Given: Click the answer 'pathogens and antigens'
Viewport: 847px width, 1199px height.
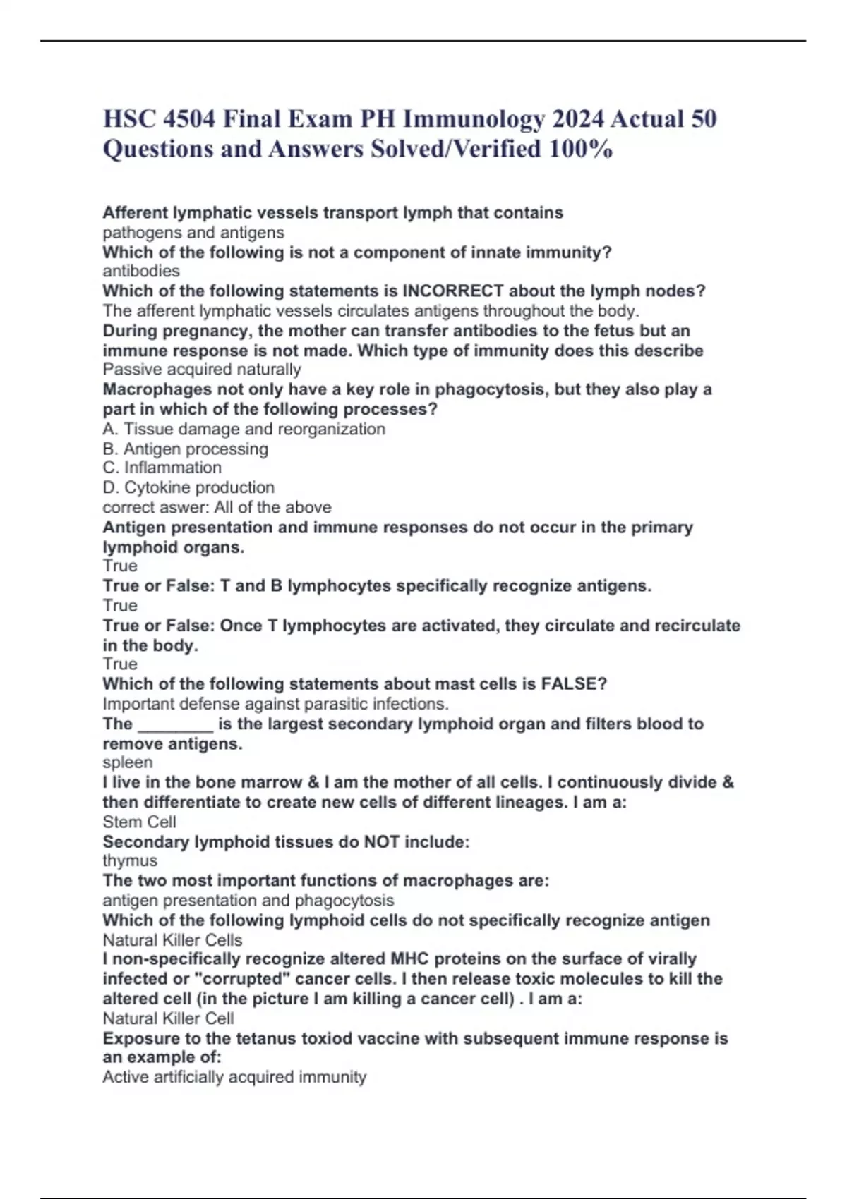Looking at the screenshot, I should point(193,233).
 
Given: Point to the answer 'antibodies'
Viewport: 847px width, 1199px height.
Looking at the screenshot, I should point(141,272).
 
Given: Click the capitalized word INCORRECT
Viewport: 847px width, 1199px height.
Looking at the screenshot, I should point(452,291).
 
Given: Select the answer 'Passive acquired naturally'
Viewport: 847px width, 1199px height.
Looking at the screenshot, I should point(202,370).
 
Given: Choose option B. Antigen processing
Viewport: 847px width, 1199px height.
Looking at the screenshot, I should point(186,449).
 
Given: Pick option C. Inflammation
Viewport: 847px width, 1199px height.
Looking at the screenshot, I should point(162,468).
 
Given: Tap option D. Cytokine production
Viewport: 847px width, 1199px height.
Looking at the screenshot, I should point(188,487).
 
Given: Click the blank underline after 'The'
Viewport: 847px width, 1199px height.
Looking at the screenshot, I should point(175,725).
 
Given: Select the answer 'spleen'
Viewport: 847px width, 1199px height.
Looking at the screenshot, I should point(128,762).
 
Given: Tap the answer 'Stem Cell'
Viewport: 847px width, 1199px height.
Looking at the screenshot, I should point(140,822).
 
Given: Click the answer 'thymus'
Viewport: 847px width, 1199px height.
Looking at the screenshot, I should point(130,860).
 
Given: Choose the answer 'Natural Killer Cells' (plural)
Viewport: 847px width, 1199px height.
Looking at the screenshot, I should point(172,940).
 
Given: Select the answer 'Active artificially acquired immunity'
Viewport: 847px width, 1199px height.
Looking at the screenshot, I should point(234,1077).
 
